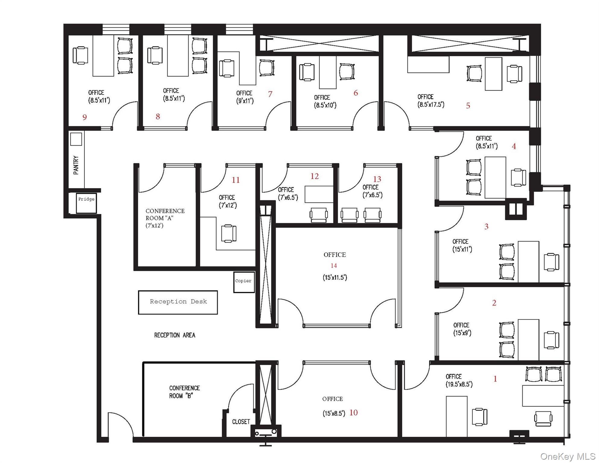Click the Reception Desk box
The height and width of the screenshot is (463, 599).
[x=178, y=302]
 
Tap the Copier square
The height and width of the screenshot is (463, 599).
[x=244, y=282]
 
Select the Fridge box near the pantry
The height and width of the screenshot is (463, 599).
[x=86, y=203]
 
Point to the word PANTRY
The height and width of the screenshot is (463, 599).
[x=76, y=165]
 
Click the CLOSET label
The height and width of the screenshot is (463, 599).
[x=241, y=422]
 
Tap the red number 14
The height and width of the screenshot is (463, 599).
[x=334, y=266]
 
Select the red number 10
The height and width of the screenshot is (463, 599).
[x=353, y=412]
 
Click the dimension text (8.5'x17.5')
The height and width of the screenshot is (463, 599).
[x=431, y=105]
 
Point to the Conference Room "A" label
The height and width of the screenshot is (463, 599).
[x=165, y=218]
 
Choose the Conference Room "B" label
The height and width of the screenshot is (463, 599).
[x=184, y=392]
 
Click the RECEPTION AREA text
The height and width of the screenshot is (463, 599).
[x=174, y=335]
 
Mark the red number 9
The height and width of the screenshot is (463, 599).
[x=85, y=117]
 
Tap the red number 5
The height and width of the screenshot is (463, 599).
[x=468, y=106]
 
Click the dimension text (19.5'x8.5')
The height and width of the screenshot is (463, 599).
[x=459, y=384]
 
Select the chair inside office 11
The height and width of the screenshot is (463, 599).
[x=229, y=233]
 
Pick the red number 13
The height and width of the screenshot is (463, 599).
[x=377, y=179]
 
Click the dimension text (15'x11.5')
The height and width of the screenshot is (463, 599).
[x=335, y=277]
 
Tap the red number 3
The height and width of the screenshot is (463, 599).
[x=486, y=226]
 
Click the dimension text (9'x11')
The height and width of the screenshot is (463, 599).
[x=245, y=101]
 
